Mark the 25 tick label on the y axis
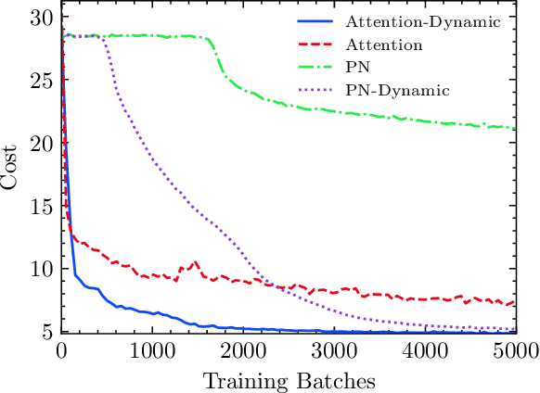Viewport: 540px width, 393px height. (x=41, y=81)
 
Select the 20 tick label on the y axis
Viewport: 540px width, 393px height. (x=41, y=144)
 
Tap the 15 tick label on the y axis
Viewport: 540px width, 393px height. (x=41, y=206)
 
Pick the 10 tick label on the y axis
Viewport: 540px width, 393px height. (x=41, y=269)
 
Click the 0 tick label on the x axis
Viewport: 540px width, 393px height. (x=61, y=349)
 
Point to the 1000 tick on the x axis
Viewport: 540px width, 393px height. (x=152, y=349)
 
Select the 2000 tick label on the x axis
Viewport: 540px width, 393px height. (x=243, y=349)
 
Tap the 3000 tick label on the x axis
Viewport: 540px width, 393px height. (x=334, y=349)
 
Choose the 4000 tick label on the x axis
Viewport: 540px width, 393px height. (x=425, y=349)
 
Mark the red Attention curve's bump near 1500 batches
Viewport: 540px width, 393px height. (x=195, y=262)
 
